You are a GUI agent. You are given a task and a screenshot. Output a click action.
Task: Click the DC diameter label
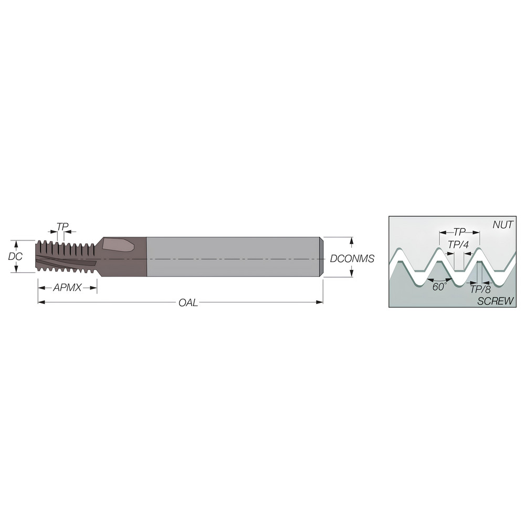15,256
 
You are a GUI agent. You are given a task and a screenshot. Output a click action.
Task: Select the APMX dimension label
67,288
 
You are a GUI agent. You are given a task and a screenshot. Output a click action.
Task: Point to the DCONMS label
352,258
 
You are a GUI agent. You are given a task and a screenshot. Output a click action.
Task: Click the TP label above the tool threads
62,227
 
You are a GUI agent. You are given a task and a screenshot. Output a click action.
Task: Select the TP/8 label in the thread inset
480,289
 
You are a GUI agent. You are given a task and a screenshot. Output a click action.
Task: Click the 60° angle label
439,287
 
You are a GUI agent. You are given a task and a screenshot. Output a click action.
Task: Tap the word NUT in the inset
502,225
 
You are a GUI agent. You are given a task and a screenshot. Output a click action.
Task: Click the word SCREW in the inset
495,301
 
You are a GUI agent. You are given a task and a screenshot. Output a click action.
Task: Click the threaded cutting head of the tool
66,257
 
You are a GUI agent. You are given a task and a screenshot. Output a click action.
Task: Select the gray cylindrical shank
231,257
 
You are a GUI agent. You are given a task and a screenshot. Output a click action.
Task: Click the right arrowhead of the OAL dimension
320,302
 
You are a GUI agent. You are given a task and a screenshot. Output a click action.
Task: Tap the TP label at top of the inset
459,232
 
